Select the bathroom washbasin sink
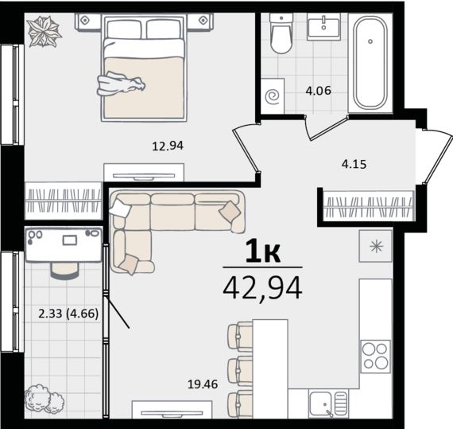[x=323, y=25]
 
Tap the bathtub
[x=370, y=62]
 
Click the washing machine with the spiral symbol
[x=273, y=96]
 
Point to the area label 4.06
[x=318, y=91]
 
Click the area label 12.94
[x=168, y=146]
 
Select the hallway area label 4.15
[x=354, y=164]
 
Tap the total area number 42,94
[x=262, y=288]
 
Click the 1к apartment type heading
[x=263, y=252]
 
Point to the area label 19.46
[x=203, y=384]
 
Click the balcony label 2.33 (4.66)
[x=68, y=314]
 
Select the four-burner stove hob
[x=375, y=357]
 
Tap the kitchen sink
[x=328, y=404]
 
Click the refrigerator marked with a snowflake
[x=376, y=247]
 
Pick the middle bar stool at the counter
[x=240, y=371]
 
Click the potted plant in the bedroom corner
[x=44, y=31]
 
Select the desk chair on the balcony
[x=64, y=271]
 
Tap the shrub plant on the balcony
[x=45, y=399]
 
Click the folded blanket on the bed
[x=121, y=84]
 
